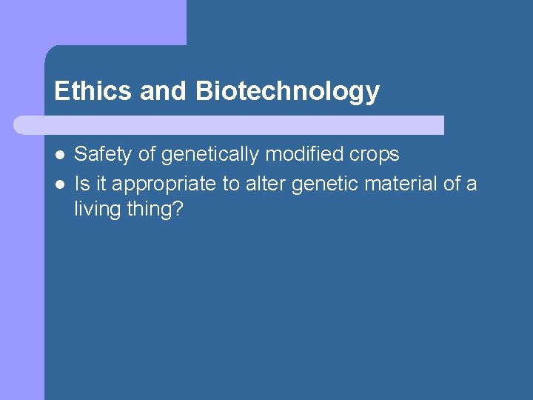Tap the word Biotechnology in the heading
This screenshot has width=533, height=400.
coord(287,91)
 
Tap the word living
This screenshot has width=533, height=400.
coord(98,210)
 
